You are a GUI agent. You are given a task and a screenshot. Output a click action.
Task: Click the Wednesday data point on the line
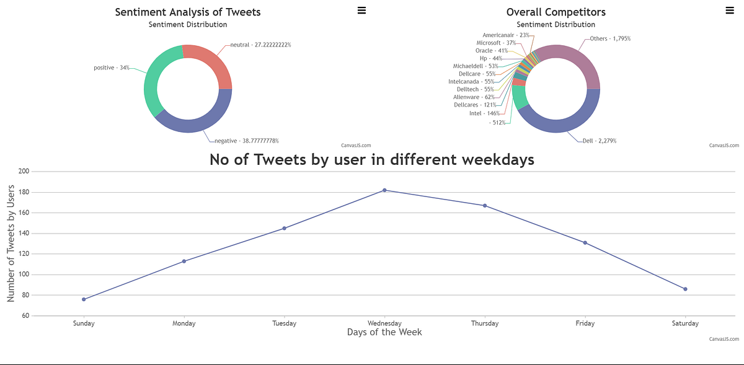[384, 190]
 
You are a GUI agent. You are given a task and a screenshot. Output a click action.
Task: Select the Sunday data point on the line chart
[84, 299]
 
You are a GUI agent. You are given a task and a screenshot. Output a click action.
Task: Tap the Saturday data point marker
[685, 289]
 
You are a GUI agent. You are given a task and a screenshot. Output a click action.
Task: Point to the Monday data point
[184, 261]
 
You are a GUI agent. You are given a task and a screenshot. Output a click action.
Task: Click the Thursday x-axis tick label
[485, 323]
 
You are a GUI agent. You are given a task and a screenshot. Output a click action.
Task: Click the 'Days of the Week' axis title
[384, 332]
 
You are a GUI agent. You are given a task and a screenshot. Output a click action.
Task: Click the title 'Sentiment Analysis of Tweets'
[188, 12]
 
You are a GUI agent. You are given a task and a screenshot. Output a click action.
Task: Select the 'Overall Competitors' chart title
[556, 12]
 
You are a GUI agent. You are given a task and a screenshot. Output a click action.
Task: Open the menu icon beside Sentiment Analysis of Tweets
[361, 10]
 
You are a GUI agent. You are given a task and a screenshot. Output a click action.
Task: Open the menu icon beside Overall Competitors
[729, 10]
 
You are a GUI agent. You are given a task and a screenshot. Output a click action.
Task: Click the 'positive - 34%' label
[112, 68]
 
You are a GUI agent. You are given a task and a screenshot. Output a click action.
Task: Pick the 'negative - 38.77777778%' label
[247, 141]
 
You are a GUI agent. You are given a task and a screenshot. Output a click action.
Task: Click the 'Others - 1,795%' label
[610, 38]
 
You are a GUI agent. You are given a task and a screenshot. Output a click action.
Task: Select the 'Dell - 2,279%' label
[599, 141]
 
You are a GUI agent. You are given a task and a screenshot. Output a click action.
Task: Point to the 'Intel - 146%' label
[484, 113]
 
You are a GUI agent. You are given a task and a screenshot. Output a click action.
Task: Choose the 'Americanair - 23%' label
[506, 35]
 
